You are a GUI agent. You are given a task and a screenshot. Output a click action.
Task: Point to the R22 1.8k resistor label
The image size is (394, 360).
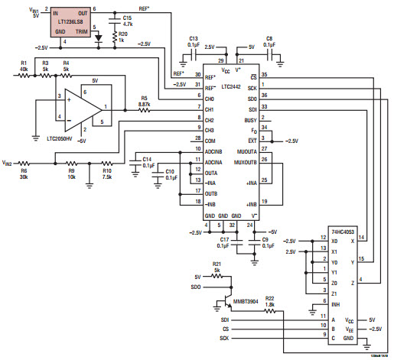270,301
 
